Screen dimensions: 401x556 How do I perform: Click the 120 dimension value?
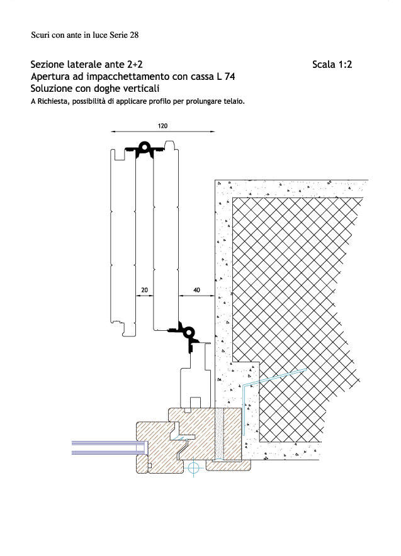tap(162, 126)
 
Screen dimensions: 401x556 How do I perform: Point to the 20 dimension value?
tap(144, 290)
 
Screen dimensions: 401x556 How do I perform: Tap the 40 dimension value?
tap(196, 290)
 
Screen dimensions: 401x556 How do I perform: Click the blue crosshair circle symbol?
tap(193, 468)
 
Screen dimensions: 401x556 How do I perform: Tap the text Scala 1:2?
tap(332, 65)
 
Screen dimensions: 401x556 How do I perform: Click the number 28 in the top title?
tap(134, 35)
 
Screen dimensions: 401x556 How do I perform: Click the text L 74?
tap(225, 77)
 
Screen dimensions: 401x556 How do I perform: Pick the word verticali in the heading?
tap(141, 88)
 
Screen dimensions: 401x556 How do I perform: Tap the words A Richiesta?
tap(50, 101)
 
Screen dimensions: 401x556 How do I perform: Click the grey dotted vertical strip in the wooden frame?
tap(220, 434)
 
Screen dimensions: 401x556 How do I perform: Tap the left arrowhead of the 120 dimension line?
tap(113, 131)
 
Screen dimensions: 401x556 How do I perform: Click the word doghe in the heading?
tap(108, 89)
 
